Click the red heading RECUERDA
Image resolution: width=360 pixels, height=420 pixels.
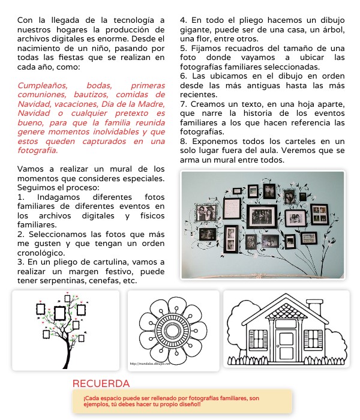[x=101, y=383]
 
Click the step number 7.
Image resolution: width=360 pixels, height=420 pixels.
[x=182, y=104]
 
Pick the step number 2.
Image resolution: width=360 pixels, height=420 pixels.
[x=20, y=233]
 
